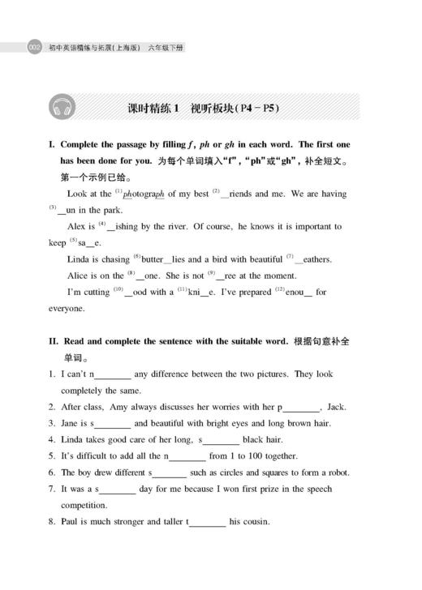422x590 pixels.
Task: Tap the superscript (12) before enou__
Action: tap(278, 289)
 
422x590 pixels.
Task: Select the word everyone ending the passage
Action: tap(67, 309)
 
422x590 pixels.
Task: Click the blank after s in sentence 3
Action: tap(113, 424)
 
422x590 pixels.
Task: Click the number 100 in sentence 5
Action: tap(248, 456)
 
